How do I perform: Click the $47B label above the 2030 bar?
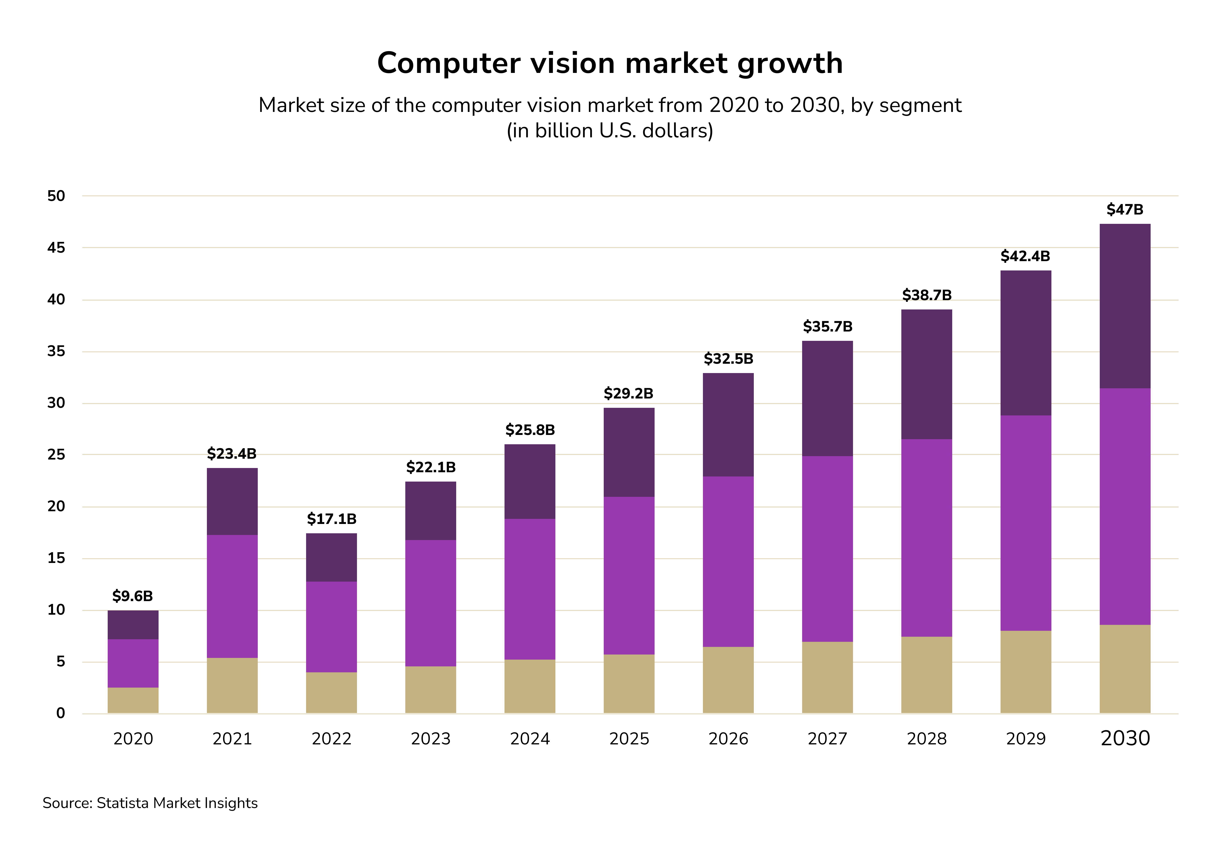pos(1125,209)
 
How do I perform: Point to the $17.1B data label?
pos(331,519)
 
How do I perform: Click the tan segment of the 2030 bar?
pos(1125,669)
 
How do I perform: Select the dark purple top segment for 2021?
pos(232,501)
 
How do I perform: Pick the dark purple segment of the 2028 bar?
pos(926,374)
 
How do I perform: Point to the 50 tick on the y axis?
pos(56,196)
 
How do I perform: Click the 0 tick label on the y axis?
pos(61,713)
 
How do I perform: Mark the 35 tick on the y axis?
pos(56,351)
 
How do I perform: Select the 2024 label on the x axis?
pos(530,739)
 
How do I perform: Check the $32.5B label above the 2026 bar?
pos(728,359)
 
